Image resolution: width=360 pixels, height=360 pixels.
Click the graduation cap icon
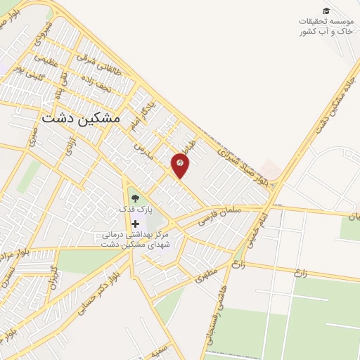point(326,11)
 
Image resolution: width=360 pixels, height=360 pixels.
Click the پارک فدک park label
point(134,210)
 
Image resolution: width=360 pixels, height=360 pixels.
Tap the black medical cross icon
point(134,224)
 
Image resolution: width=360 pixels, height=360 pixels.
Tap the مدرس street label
point(144,144)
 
